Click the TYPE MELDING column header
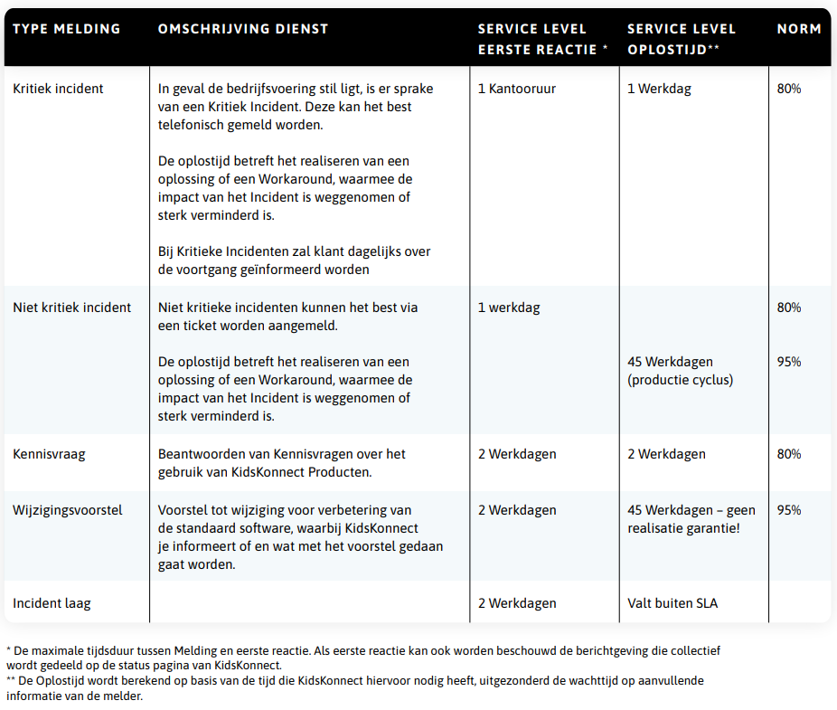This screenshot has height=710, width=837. (x=66, y=29)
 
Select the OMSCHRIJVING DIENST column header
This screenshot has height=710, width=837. (x=243, y=29)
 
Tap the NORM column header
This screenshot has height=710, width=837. (x=799, y=29)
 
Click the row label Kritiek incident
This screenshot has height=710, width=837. (x=58, y=89)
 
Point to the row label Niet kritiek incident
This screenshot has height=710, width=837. (x=72, y=308)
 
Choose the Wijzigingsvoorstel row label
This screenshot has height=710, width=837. (x=67, y=510)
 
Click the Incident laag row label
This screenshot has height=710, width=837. (x=52, y=603)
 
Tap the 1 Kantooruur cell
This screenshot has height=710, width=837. (x=516, y=89)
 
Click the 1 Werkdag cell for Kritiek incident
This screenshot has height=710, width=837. (x=659, y=89)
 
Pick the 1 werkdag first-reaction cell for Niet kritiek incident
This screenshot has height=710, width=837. (x=509, y=308)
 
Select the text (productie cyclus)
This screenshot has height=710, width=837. (x=680, y=380)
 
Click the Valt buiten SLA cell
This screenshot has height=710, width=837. (x=672, y=603)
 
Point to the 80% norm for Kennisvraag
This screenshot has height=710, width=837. (x=789, y=454)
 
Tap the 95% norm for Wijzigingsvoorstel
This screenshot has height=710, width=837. (x=789, y=510)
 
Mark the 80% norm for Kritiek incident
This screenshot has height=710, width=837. (x=789, y=89)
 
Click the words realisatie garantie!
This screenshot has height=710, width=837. (x=683, y=528)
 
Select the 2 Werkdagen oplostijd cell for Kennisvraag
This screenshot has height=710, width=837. (x=666, y=454)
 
